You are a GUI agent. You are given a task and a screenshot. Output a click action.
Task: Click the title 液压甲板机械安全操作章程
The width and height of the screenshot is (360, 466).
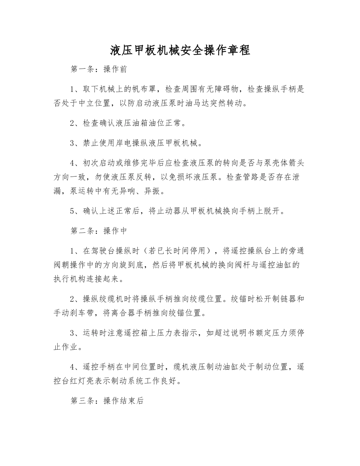(x=180, y=50)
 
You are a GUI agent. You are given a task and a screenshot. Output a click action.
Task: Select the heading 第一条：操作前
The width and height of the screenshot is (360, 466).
(x=99, y=69)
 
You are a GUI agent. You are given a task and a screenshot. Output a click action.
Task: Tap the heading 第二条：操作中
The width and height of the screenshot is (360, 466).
(x=99, y=231)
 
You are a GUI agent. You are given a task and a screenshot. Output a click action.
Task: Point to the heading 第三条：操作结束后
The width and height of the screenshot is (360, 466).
(x=107, y=401)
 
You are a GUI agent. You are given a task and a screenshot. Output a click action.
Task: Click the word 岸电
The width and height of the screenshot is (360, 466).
(x=127, y=143)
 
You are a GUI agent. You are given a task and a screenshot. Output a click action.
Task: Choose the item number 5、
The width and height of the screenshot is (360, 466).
(x=74, y=211)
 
